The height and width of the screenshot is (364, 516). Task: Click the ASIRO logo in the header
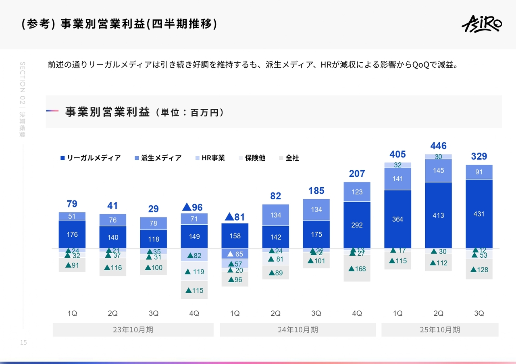coord(482,24)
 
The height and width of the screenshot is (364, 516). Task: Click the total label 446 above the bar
coord(438,146)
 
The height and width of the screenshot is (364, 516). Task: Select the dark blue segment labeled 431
coord(479,214)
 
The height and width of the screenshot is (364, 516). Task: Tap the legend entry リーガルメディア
coord(90,158)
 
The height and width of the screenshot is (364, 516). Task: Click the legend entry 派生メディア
coord(158,158)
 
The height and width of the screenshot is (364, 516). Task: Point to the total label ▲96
coord(192,207)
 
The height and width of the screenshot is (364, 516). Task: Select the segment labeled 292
coord(357,225)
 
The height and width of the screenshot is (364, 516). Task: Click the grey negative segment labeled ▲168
coord(357,269)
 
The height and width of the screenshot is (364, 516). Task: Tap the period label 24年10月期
coord(298,330)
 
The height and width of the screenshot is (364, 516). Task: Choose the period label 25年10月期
coord(440,330)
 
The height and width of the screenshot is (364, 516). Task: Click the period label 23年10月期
coord(133,330)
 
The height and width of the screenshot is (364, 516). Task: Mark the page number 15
coord(23,343)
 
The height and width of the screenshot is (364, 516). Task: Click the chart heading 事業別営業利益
coord(108,112)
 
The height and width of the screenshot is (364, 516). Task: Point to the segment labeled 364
coord(397,219)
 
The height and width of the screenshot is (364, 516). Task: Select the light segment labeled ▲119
coord(194,271)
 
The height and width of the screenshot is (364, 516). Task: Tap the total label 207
coord(357,174)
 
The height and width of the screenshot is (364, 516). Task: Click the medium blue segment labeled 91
coord(479,172)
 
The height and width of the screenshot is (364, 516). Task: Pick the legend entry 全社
coord(289,158)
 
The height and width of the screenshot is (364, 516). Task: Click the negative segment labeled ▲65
coord(235,254)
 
